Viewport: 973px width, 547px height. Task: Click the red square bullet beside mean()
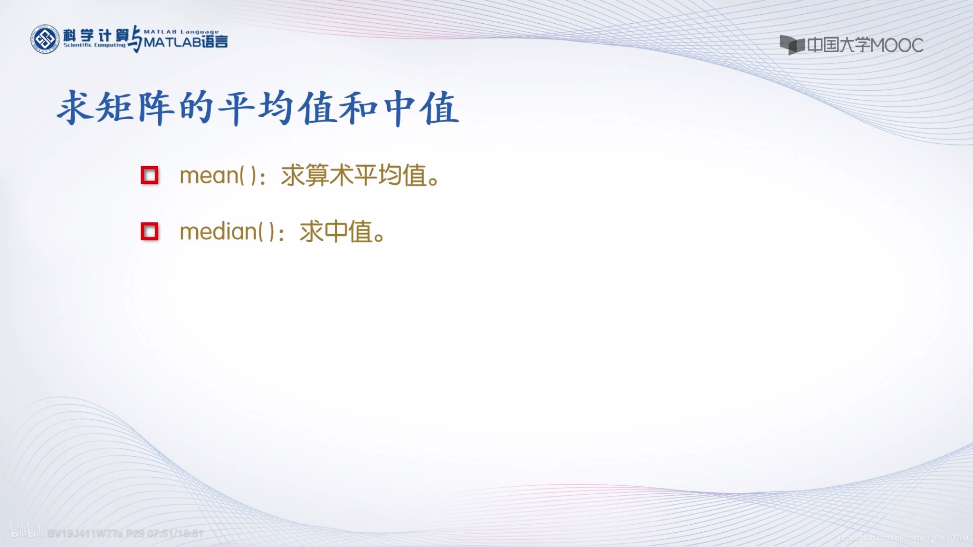pos(150,175)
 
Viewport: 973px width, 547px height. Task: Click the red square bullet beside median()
pos(150,232)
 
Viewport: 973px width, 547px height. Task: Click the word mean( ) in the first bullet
pos(219,176)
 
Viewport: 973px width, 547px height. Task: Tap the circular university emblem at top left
pos(45,39)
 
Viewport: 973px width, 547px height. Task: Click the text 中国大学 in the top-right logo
pos(839,45)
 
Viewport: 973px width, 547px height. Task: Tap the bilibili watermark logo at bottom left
pos(27,532)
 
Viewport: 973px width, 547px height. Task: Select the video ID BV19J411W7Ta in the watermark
pos(85,534)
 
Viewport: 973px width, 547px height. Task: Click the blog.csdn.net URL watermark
pos(903,538)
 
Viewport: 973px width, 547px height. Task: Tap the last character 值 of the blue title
pos(439,108)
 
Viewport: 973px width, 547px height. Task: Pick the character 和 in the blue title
pos(359,108)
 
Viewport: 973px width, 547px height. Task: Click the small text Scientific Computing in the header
pos(94,45)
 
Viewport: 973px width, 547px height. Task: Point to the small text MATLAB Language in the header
pos(181,32)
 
